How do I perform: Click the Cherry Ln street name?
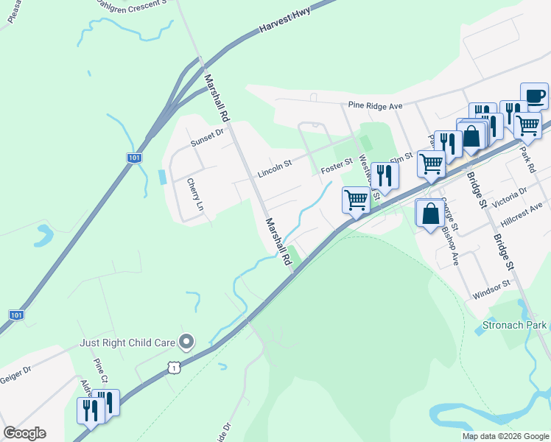pos(194,194)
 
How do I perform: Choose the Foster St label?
pos(338,169)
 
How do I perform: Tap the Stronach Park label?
pos(515,325)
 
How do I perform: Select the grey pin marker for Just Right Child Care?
pos(187,340)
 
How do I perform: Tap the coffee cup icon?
pos(534,95)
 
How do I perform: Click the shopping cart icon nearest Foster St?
pos(357,200)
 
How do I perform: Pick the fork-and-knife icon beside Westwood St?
pos(384,175)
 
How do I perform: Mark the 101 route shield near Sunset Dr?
pos(133,158)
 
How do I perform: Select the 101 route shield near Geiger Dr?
pos(16,315)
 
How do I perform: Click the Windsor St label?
pos(491,289)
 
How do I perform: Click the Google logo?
pos(24,433)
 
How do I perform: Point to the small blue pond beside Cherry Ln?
pos(162,178)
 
